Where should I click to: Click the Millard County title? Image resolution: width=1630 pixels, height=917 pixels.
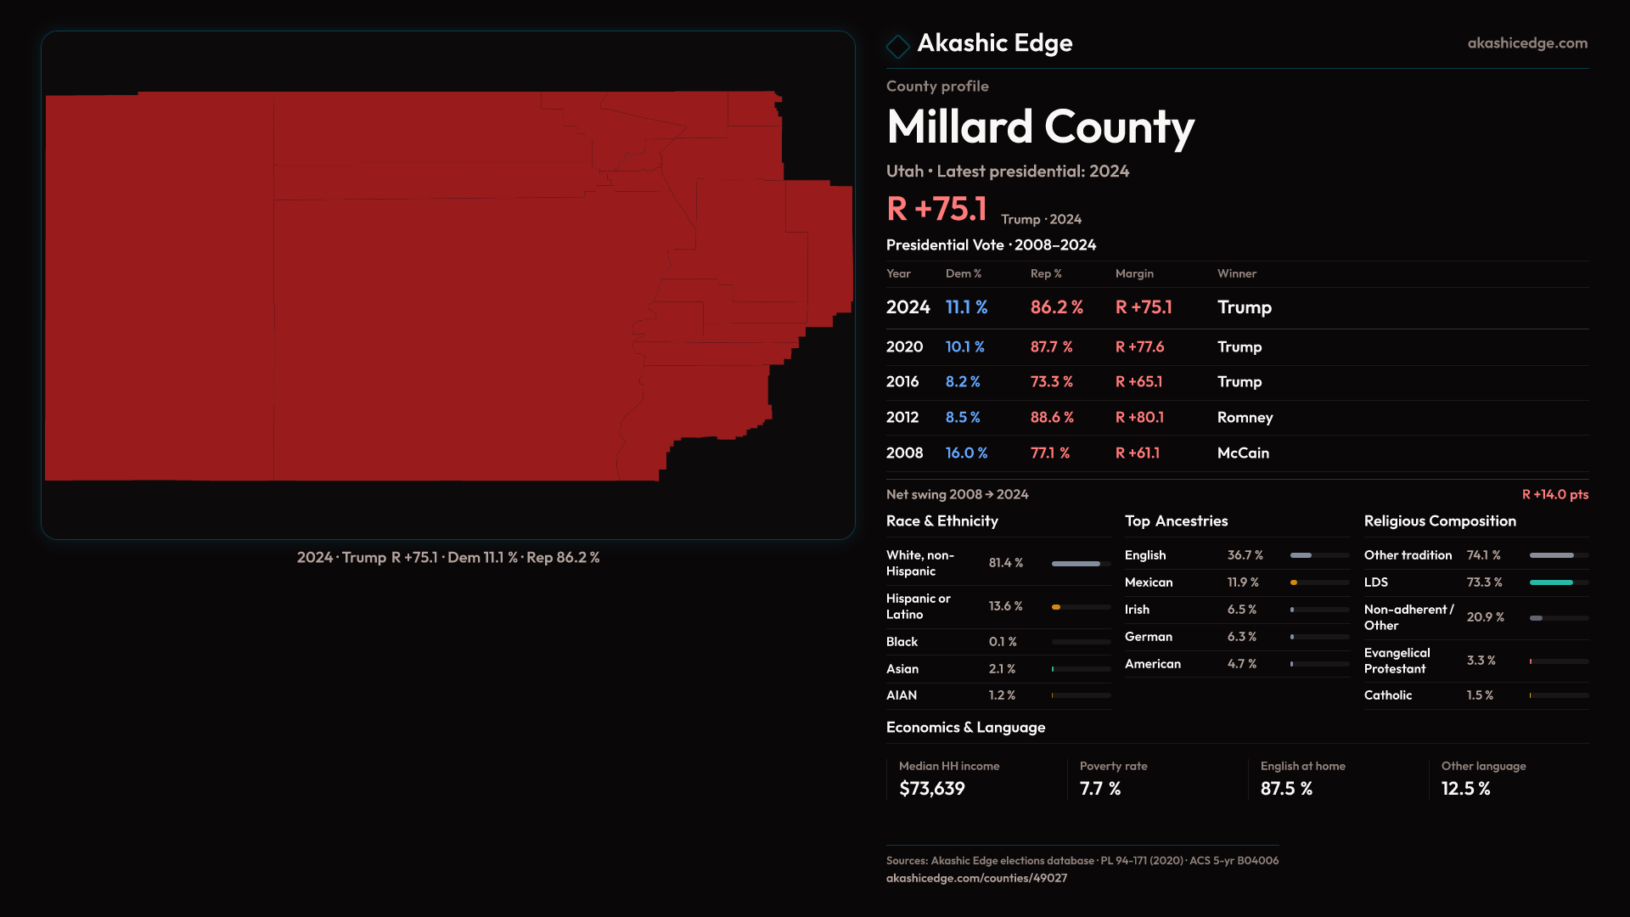pos(1040,127)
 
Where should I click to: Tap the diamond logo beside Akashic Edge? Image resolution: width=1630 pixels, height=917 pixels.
pos(897,46)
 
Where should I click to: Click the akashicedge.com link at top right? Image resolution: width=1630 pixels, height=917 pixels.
pos(1526,43)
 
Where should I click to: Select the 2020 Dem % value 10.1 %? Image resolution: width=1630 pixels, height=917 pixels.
pos(964,347)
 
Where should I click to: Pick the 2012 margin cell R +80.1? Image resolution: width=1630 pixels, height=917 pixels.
pos(1139,418)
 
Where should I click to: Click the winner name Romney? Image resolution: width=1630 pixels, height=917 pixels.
pos(1245,418)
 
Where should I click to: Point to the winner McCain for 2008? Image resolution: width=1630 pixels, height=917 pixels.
pos(1243,453)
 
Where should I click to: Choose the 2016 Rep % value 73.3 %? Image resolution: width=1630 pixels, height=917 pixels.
pos(1051,382)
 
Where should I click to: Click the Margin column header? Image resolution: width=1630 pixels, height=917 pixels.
pos(1134,273)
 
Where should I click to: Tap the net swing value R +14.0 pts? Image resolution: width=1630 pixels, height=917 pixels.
pos(1554,494)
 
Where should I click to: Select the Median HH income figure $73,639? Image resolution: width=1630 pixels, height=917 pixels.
pos(931,789)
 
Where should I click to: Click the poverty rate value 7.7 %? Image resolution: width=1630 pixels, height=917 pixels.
pos(1099,789)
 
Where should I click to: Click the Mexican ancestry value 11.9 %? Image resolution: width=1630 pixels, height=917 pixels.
pos(1243,582)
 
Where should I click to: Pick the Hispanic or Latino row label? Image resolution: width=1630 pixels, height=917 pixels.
pos(918,606)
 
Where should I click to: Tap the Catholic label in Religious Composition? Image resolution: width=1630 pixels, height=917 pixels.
pos(1387,695)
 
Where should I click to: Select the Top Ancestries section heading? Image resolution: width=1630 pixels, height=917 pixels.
pos(1176,521)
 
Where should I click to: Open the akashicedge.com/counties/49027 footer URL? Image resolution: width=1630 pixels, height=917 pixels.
pos(976,878)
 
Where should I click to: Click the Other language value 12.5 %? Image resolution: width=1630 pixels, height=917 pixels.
pos(1465,789)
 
